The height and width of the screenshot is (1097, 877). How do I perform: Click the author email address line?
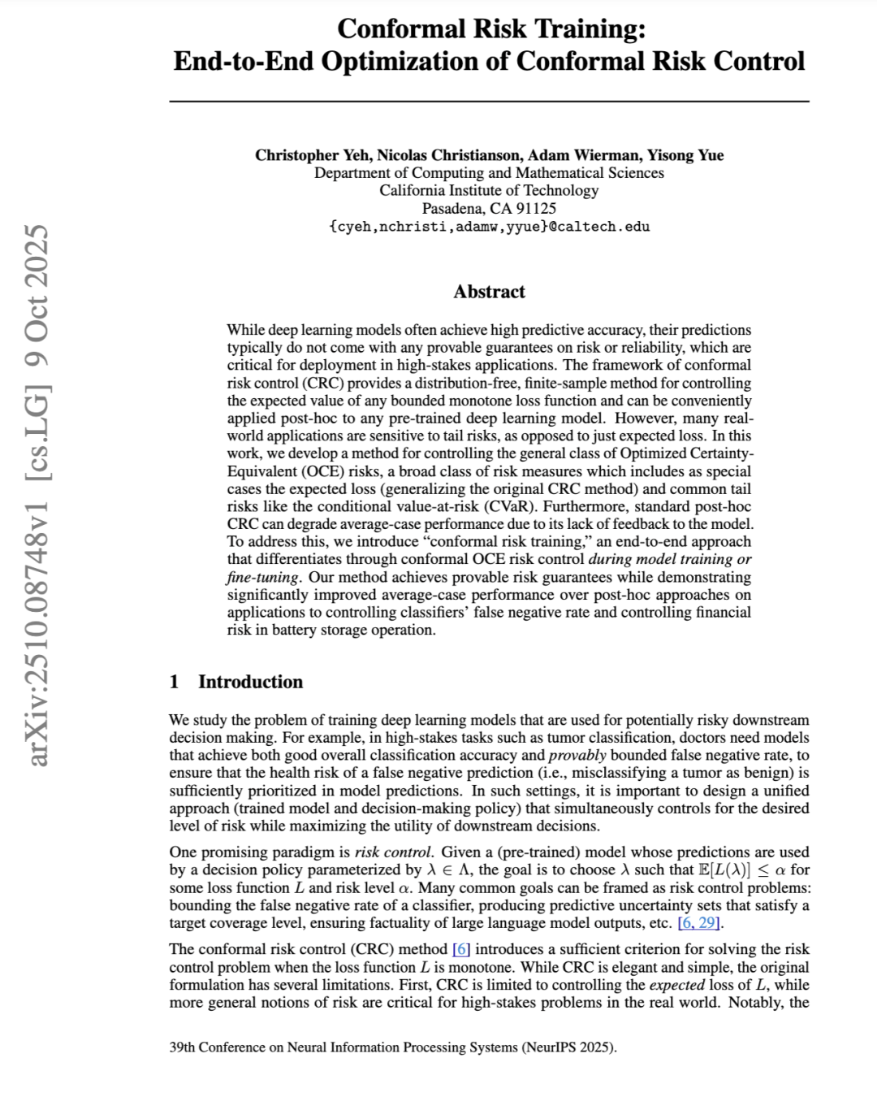tap(489, 227)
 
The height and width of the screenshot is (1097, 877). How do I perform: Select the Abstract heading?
tap(489, 292)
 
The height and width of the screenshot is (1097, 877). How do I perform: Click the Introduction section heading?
tap(250, 682)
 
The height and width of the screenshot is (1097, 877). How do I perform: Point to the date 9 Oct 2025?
tap(38, 296)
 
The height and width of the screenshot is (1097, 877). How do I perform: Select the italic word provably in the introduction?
tap(577, 755)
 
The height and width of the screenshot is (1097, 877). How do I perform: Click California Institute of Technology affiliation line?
tap(489, 191)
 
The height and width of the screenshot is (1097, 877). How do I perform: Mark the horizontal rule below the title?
tap(489, 102)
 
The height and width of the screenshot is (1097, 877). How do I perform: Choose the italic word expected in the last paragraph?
tap(676, 985)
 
